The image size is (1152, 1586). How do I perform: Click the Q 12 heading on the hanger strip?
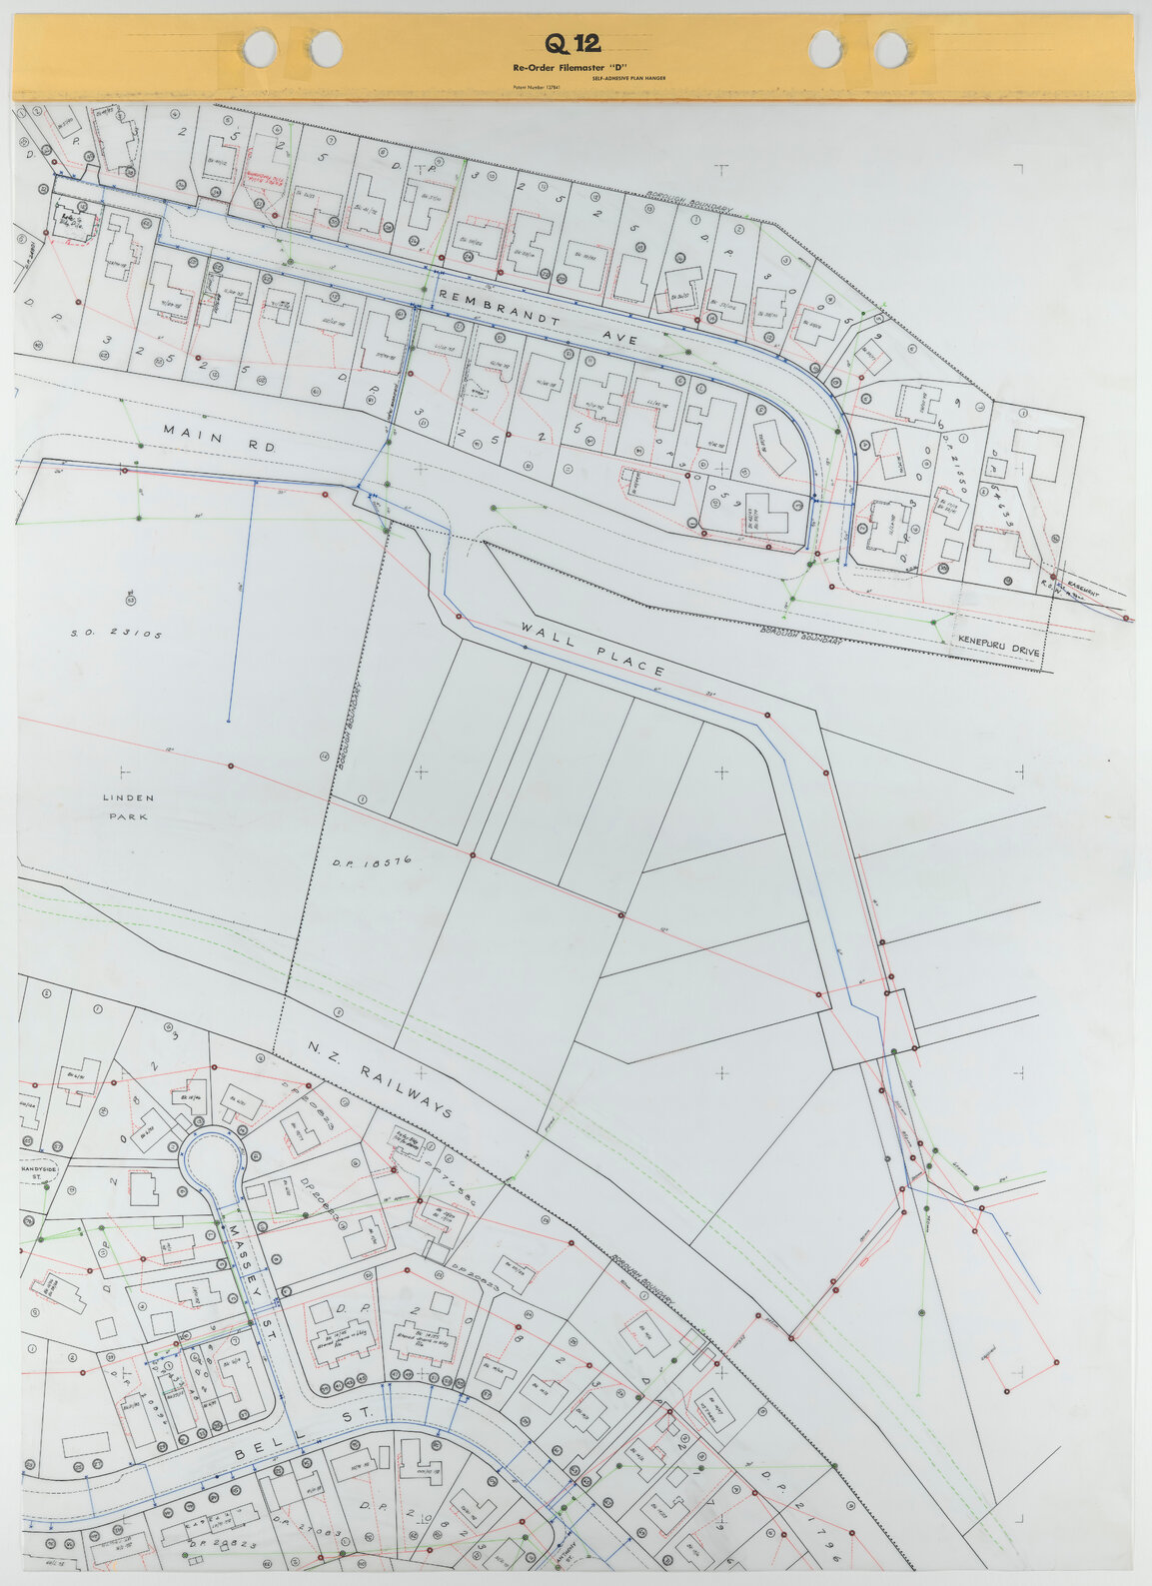(x=573, y=43)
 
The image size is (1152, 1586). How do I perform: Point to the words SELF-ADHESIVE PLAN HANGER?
(x=628, y=77)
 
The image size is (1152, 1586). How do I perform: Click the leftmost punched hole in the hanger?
(x=260, y=46)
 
